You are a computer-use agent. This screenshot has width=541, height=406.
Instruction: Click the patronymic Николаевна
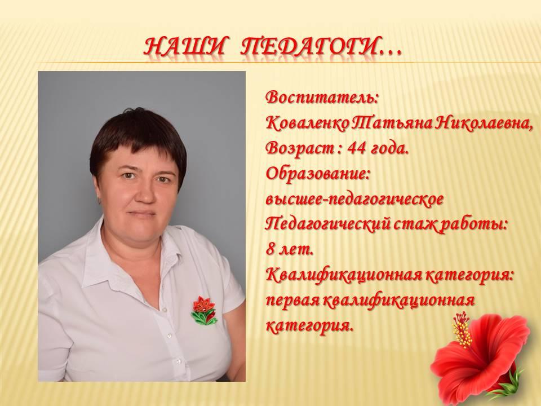click(x=483, y=123)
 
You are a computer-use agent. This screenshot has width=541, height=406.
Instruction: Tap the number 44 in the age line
click(x=357, y=149)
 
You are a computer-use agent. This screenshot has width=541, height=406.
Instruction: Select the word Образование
click(x=318, y=174)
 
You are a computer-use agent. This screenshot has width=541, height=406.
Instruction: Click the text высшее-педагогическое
click(x=354, y=200)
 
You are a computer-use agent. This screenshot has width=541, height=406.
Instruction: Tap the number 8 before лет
click(x=270, y=250)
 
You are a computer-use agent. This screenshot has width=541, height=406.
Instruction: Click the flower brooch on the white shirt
click(x=204, y=310)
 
